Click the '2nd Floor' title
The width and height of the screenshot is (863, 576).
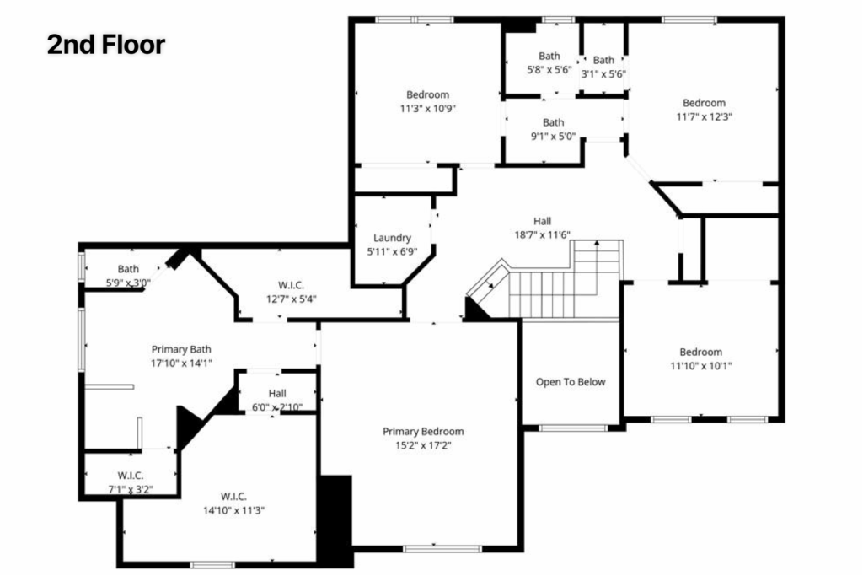(x=105, y=45)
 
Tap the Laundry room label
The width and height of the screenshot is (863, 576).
(x=392, y=238)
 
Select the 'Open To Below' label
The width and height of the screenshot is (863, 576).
(x=571, y=382)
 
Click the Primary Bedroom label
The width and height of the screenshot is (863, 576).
(x=423, y=431)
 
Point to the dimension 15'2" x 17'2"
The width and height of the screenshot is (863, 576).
(x=423, y=445)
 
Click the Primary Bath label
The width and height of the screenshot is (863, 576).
(x=181, y=348)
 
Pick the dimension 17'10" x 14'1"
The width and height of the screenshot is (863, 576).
(x=181, y=363)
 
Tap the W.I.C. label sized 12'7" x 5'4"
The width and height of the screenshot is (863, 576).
(x=292, y=284)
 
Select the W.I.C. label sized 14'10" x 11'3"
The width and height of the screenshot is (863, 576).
(x=233, y=495)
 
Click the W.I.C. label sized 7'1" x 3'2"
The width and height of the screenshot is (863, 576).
(x=131, y=474)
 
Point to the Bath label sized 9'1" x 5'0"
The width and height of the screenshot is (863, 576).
(x=553, y=122)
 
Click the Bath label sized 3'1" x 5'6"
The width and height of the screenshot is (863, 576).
(x=603, y=60)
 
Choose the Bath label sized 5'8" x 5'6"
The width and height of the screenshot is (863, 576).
(x=549, y=56)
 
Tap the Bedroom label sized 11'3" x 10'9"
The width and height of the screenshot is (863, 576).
(x=427, y=94)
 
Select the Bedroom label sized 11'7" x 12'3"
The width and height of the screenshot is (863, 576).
(x=704, y=103)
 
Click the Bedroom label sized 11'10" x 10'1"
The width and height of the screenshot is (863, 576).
(x=701, y=352)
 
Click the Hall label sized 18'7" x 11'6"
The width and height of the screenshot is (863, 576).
(x=543, y=221)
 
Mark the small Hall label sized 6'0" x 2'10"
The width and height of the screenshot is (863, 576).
(x=277, y=393)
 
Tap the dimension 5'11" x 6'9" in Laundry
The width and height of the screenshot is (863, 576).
(x=392, y=251)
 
